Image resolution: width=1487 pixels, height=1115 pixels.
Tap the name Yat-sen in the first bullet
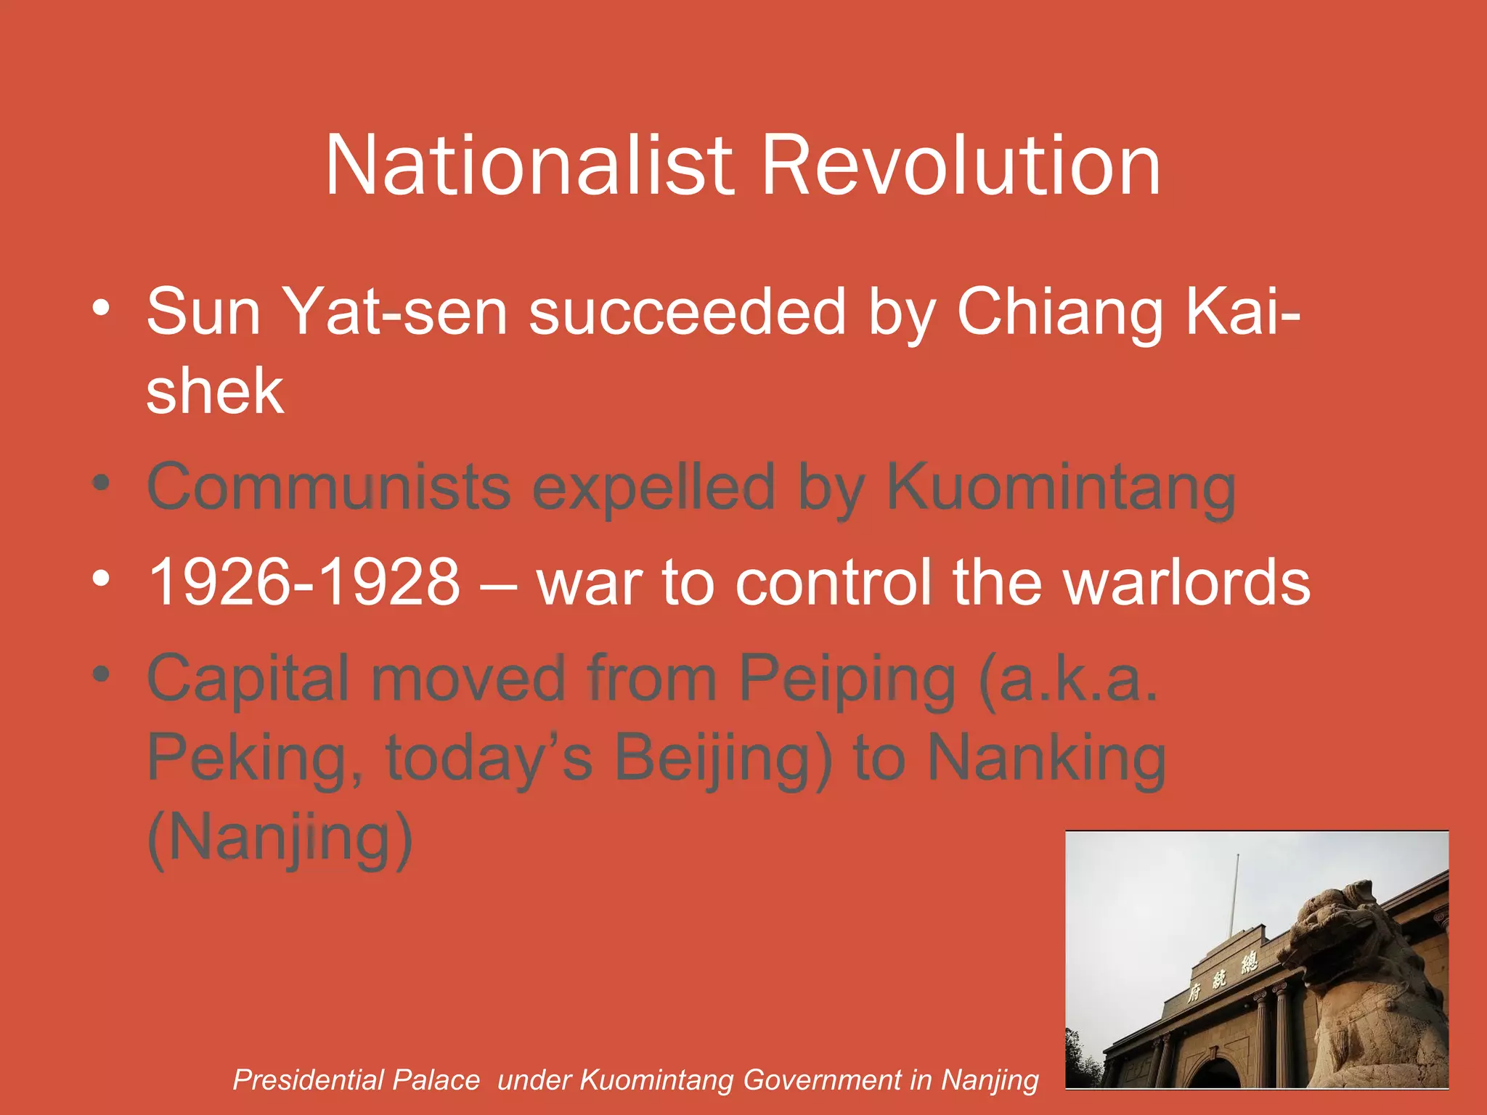[394, 312]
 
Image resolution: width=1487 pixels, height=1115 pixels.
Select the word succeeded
[687, 312]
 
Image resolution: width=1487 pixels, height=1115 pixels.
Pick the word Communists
[329, 487]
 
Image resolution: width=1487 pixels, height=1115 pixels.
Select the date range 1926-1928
[304, 583]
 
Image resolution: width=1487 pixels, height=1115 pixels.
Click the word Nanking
[1046, 759]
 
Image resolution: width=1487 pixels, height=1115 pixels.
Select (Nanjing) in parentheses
[280, 838]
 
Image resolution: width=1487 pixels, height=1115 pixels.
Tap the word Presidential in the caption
[356, 1080]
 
